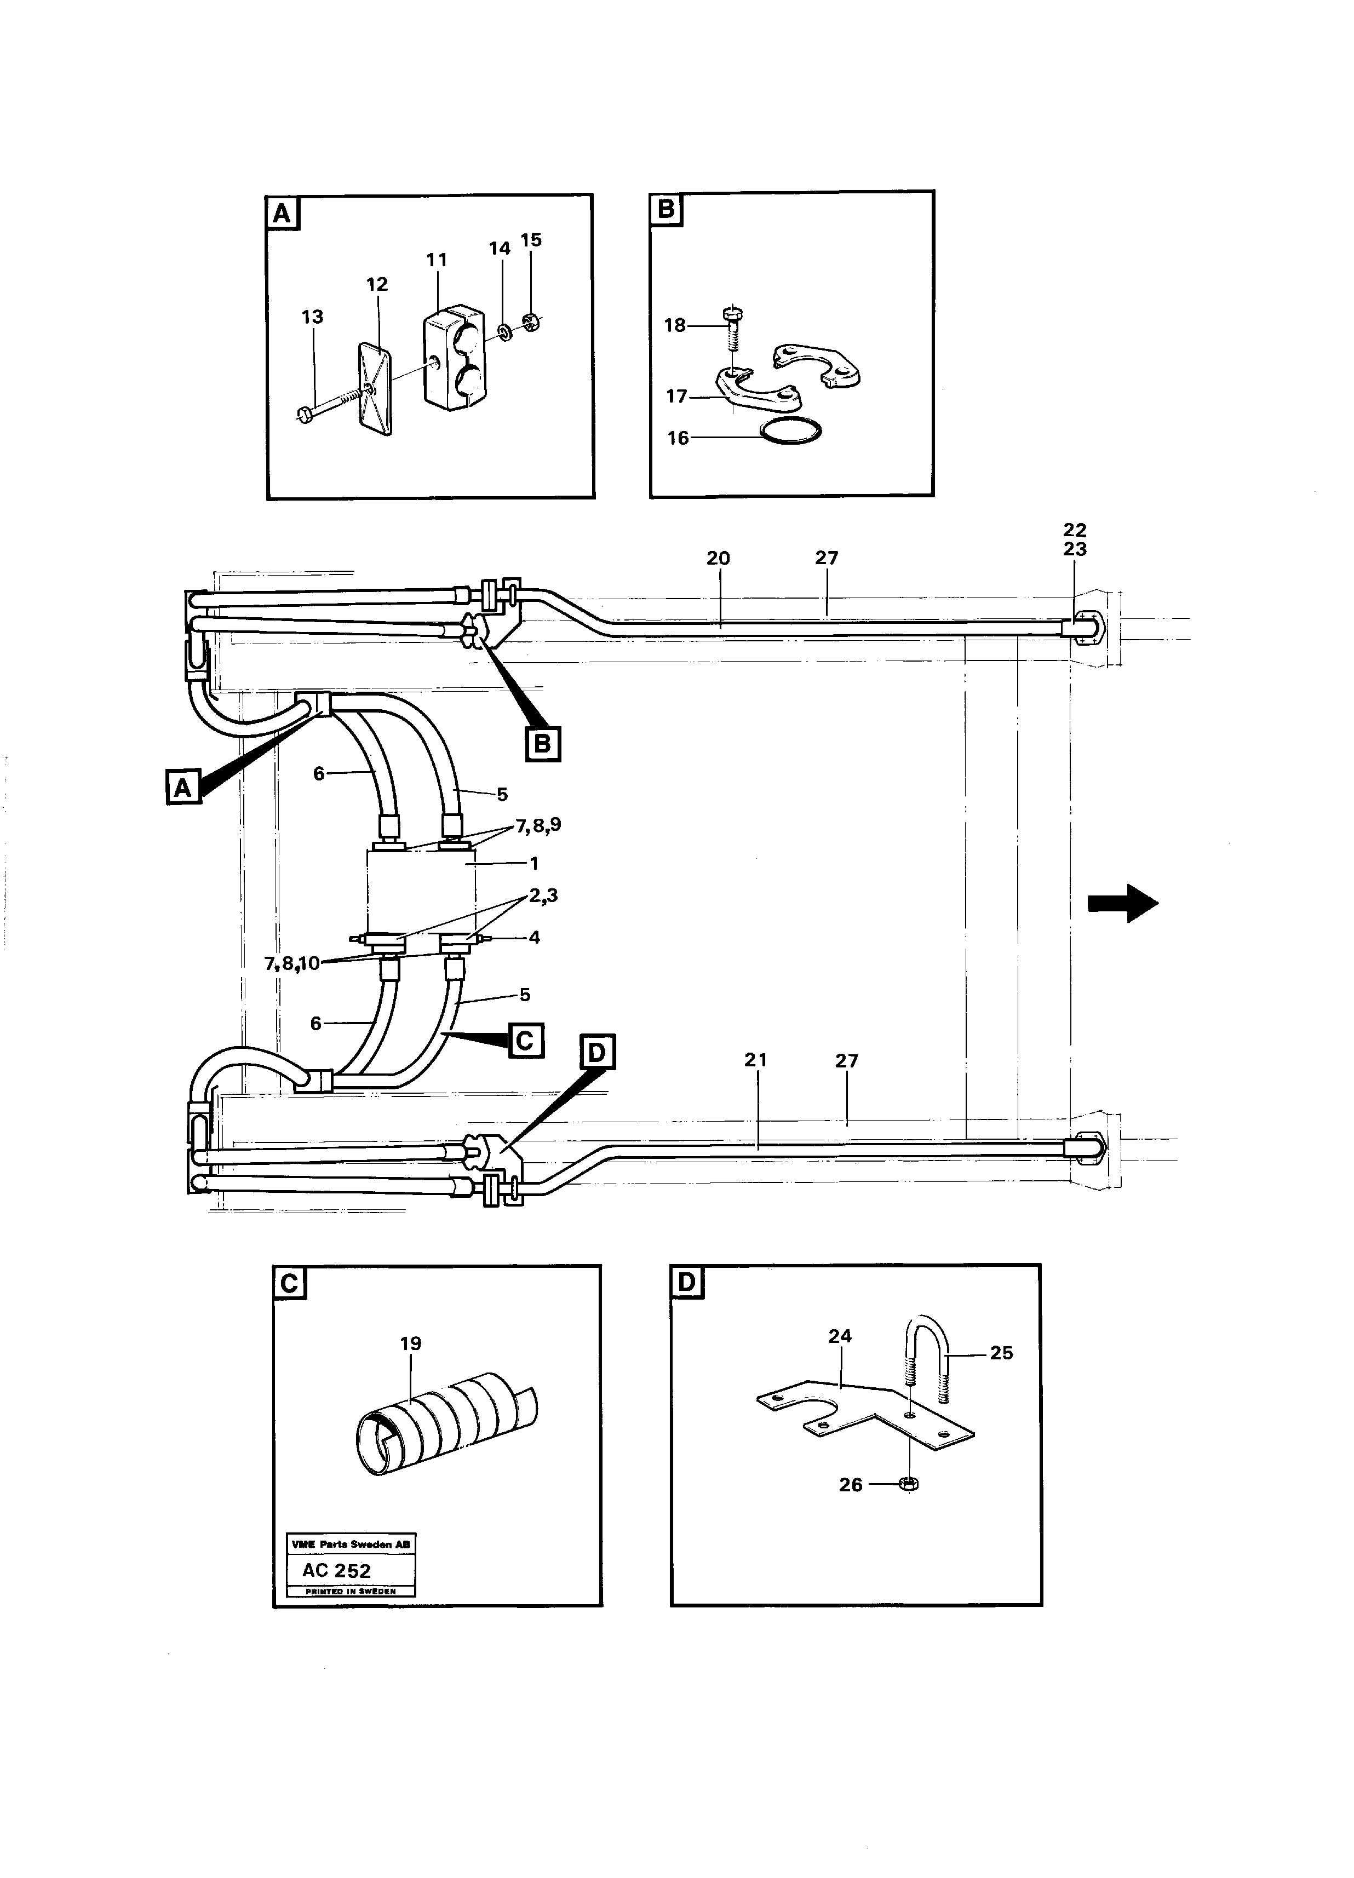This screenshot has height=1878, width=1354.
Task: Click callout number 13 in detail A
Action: coord(312,317)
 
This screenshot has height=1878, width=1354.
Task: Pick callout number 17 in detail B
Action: coord(676,396)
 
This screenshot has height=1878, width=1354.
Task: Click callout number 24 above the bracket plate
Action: coord(840,1336)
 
